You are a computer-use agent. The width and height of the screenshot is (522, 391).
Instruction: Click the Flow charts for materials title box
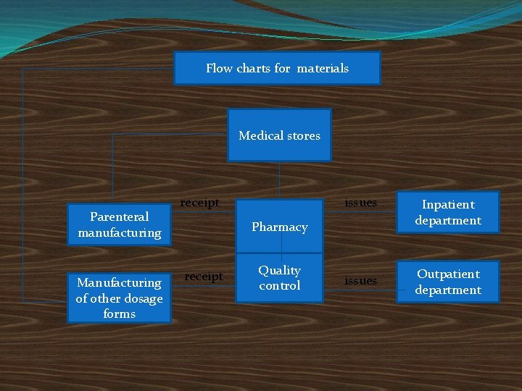click(x=277, y=68)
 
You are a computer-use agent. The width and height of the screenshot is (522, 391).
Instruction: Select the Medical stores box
click(x=279, y=135)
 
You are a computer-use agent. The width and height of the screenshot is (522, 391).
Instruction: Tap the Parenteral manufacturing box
click(x=119, y=224)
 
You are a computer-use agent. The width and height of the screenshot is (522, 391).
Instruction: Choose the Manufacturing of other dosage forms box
click(x=119, y=298)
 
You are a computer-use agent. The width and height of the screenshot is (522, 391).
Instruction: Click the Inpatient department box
click(x=448, y=212)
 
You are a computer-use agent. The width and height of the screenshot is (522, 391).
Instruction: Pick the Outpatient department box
click(x=448, y=282)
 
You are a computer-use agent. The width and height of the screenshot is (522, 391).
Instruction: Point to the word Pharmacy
click(x=280, y=227)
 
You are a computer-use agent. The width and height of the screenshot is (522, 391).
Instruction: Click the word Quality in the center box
click(x=279, y=270)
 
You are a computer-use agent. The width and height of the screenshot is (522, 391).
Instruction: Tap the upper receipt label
click(x=199, y=203)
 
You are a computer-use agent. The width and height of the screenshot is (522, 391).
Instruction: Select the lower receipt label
click(x=204, y=276)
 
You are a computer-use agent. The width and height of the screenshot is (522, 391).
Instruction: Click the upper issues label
click(x=360, y=203)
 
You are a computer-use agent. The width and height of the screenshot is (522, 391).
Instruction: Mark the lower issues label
click(x=360, y=280)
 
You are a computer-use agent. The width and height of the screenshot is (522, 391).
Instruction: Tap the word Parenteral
click(x=119, y=216)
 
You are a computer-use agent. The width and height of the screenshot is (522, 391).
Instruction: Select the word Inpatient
click(x=448, y=204)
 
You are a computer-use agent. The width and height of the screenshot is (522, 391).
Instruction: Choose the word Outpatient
click(x=448, y=274)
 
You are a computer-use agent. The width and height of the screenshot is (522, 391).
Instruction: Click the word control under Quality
click(x=279, y=285)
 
